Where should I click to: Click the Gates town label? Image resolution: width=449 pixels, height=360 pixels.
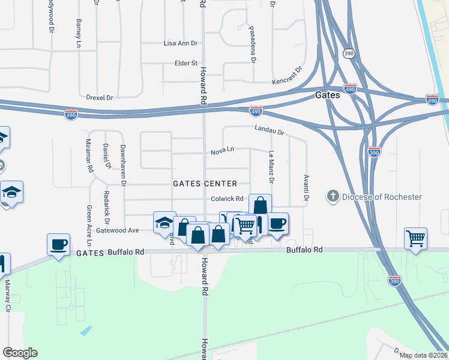tap(328, 95)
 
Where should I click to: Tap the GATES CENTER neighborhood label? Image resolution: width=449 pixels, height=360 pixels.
tap(205, 184)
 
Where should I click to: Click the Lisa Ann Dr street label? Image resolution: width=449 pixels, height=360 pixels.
tap(181, 43)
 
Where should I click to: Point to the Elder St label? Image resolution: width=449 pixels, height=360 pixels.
tap(185, 63)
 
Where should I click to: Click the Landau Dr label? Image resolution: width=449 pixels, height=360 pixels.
tap(268, 129)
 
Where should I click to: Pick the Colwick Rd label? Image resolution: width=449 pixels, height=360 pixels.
tap(227, 199)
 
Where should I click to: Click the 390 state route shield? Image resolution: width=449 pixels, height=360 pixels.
tap(348, 53)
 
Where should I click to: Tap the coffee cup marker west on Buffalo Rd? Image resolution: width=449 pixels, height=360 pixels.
tap(59, 244)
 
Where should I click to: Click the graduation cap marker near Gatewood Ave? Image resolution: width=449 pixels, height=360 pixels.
tap(164, 223)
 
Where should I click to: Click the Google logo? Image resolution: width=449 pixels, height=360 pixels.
tap(20, 353)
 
